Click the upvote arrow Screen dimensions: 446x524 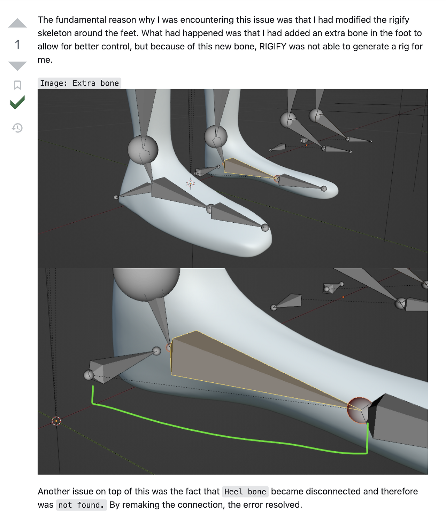(17, 23)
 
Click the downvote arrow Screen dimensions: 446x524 (17, 66)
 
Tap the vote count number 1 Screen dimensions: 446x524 (17, 45)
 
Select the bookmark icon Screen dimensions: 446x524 (17, 85)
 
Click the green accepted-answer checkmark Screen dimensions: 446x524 (17, 102)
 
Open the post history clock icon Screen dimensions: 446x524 (17, 128)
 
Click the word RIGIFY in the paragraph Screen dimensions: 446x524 (272, 46)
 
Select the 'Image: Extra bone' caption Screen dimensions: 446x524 (79, 83)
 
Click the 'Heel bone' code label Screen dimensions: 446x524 (245, 492)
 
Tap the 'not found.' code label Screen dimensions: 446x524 (81, 505)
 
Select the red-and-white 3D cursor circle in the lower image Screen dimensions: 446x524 (56, 421)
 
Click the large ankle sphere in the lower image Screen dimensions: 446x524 (146, 283)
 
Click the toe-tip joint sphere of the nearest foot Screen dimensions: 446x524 (265, 228)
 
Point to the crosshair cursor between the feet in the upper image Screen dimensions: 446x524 (190, 183)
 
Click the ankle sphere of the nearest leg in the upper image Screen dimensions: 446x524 (143, 150)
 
